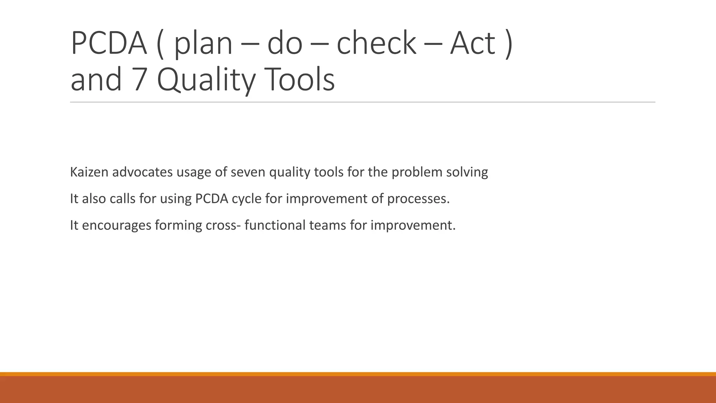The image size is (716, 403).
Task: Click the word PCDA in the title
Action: coord(109,43)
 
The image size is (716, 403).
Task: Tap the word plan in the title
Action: coord(203,43)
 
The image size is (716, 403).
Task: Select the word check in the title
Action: coord(376,43)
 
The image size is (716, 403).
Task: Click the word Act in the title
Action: coord(472,43)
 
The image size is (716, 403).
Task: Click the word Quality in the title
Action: coord(206,80)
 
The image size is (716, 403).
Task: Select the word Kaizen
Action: coord(89,172)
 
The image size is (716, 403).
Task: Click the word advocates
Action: coord(142,172)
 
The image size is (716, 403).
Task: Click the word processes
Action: coord(418,199)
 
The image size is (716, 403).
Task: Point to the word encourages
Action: coord(116,225)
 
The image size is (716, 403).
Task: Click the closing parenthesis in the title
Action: coord(509,43)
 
